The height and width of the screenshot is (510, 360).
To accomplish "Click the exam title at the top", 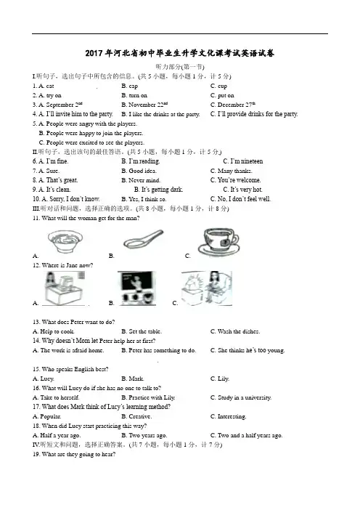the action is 180,53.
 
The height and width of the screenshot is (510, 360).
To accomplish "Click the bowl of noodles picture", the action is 65,241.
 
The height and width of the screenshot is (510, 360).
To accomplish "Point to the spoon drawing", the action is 143,240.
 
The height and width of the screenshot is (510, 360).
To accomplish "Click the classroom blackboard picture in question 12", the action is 136,288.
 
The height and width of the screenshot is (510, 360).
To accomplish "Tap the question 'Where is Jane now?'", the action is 62,265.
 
